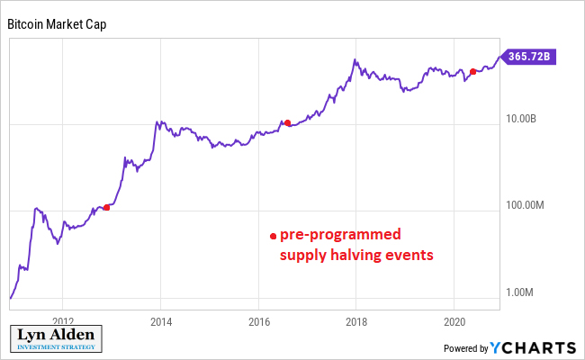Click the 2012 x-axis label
coord(62,320)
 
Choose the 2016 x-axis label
coord(258,320)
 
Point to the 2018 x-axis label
coord(356,320)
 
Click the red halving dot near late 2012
coord(107,207)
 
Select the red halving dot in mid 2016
coord(287,123)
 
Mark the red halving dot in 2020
coord(473,71)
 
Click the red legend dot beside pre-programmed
coord(273,236)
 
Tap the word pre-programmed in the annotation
coord(340,235)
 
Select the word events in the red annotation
coord(410,255)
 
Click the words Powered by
coord(466,348)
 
